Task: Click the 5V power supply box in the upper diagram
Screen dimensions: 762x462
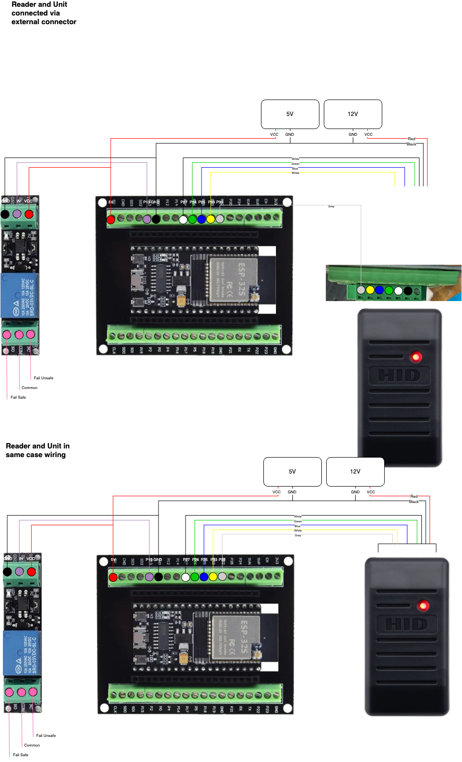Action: (x=290, y=114)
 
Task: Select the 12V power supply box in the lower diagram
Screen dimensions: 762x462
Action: (x=355, y=472)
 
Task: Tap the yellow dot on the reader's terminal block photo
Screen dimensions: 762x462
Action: (x=370, y=290)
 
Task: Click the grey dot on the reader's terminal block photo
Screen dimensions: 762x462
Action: (x=361, y=290)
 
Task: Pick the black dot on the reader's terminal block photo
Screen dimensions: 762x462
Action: (x=407, y=290)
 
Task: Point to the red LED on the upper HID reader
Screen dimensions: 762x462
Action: (x=416, y=357)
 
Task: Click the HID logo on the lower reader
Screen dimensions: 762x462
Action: (x=406, y=624)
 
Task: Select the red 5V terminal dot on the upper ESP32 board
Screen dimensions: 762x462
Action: (x=111, y=219)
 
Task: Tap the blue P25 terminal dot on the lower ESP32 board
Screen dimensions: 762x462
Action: (x=204, y=576)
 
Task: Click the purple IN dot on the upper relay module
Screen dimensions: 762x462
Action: (x=17, y=214)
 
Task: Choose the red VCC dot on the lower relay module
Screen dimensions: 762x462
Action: (x=31, y=572)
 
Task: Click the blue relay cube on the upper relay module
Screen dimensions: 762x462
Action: (x=20, y=295)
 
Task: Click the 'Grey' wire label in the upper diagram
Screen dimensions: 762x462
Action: (x=331, y=206)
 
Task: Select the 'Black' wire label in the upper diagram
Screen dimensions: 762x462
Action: (x=411, y=144)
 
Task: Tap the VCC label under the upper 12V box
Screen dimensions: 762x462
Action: (x=368, y=134)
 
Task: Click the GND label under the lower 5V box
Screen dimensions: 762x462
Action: (x=292, y=492)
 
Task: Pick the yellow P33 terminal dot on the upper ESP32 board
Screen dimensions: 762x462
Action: (x=211, y=219)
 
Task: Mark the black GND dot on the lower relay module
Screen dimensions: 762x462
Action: (x=7, y=572)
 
